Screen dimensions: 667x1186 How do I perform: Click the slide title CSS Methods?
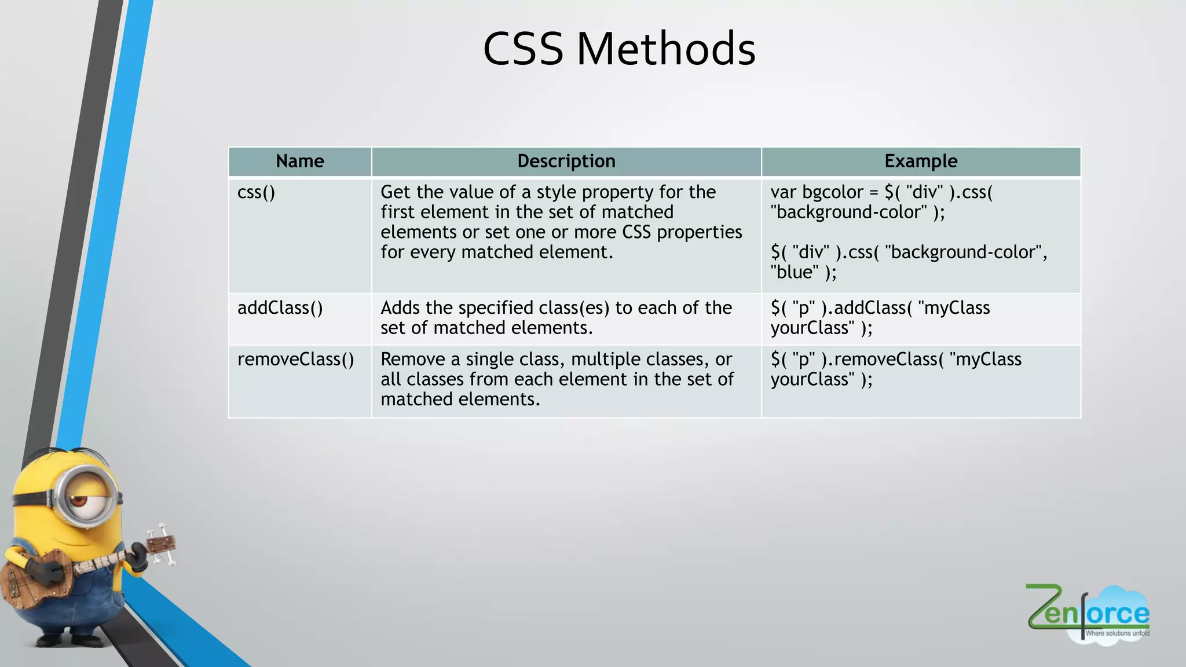(x=618, y=49)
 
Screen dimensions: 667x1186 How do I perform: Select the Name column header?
(x=299, y=161)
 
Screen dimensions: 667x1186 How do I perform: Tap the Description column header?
(x=566, y=161)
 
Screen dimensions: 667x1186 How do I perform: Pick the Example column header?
(x=920, y=161)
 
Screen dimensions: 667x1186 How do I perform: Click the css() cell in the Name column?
(x=256, y=192)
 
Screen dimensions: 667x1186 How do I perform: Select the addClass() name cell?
(x=280, y=308)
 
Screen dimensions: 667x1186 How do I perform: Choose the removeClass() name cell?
(x=295, y=360)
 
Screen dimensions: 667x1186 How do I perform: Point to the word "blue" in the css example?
(x=795, y=272)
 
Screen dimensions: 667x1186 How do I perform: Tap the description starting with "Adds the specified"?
(x=556, y=318)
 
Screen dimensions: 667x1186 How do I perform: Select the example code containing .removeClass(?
(x=895, y=369)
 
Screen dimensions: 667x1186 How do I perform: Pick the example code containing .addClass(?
(x=880, y=318)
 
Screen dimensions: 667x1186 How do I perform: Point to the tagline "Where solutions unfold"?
(x=1117, y=633)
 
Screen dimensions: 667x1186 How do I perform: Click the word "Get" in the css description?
(x=395, y=192)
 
